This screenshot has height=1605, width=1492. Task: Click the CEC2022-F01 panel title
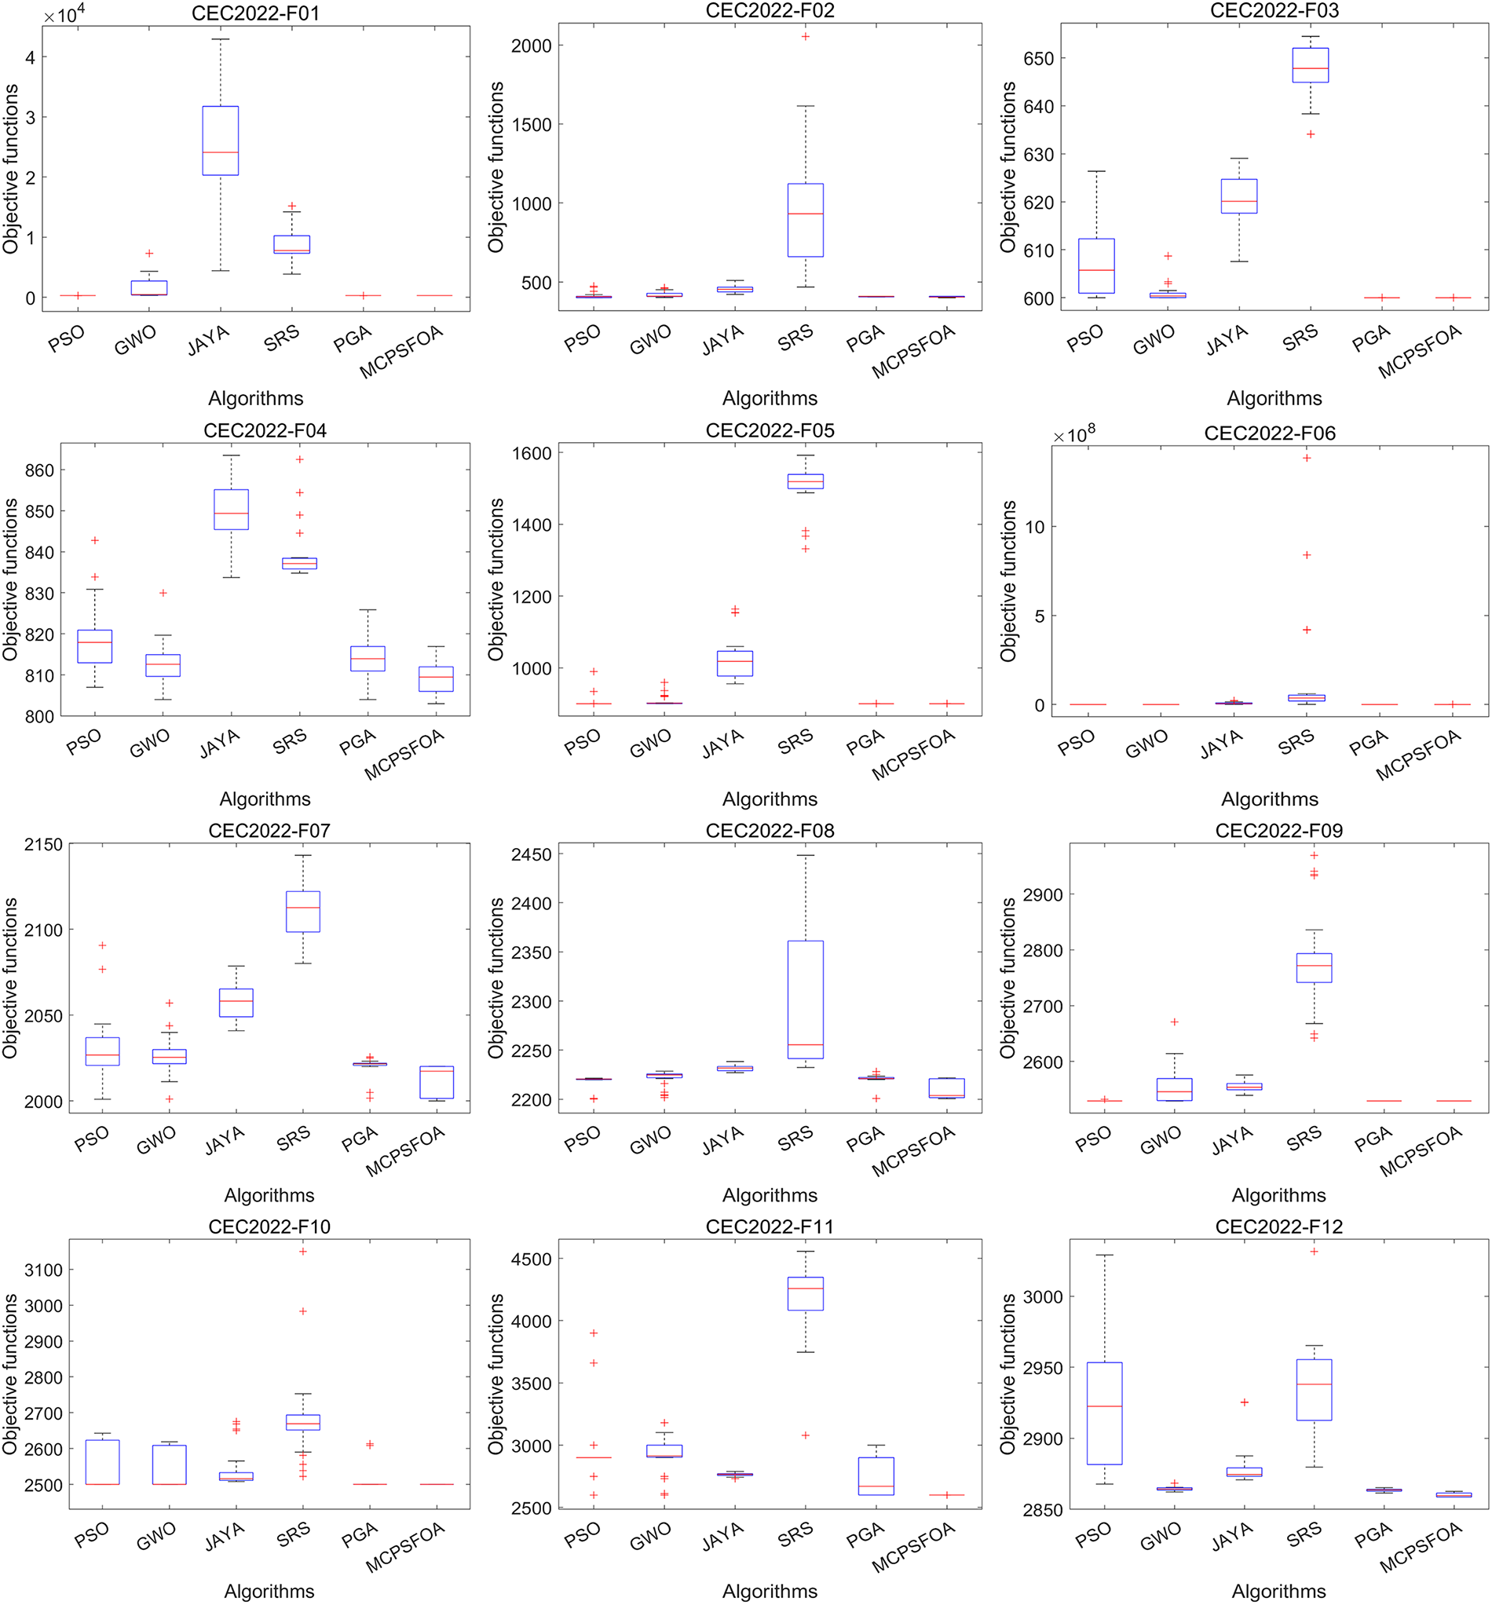pyautogui.click(x=255, y=13)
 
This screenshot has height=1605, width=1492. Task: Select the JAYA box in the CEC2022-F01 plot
pyautogui.click(x=221, y=141)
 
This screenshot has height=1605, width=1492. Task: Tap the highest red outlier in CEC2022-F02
pyautogui.click(x=805, y=36)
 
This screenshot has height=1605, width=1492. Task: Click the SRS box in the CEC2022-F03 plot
pyautogui.click(x=1311, y=65)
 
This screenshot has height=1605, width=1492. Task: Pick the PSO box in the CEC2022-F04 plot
pyautogui.click(x=94, y=646)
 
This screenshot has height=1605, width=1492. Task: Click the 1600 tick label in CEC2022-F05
pyautogui.click(x=530, y=453)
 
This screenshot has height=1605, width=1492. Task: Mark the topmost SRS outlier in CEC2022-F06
pyautogui.click(x=1307, y=458)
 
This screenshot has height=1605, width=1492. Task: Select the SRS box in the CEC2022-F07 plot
pyautogui.click(x=303, y=912)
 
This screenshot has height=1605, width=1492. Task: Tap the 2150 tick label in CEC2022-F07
pyautogui.click(x=42, y=844)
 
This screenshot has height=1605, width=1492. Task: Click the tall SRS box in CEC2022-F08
pyautogui.click(x=805, y=1000)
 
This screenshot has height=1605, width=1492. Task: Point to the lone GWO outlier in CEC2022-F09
pyautogui.click(x=1174, y=1022)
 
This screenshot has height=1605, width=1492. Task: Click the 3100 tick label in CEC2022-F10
pyautogui.click(x=42, y=1270)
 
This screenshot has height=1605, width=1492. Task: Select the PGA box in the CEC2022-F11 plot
pyautogui.click(x=876, y=1475)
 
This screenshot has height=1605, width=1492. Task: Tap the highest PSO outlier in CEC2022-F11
pyautogui.click(x=594, y=1333)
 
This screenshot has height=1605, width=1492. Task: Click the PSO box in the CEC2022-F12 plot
pyautogui.click(x=1103, y=1413)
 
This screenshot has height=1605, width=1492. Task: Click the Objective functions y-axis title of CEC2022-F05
pyautogui.click(x=496, y=579)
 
